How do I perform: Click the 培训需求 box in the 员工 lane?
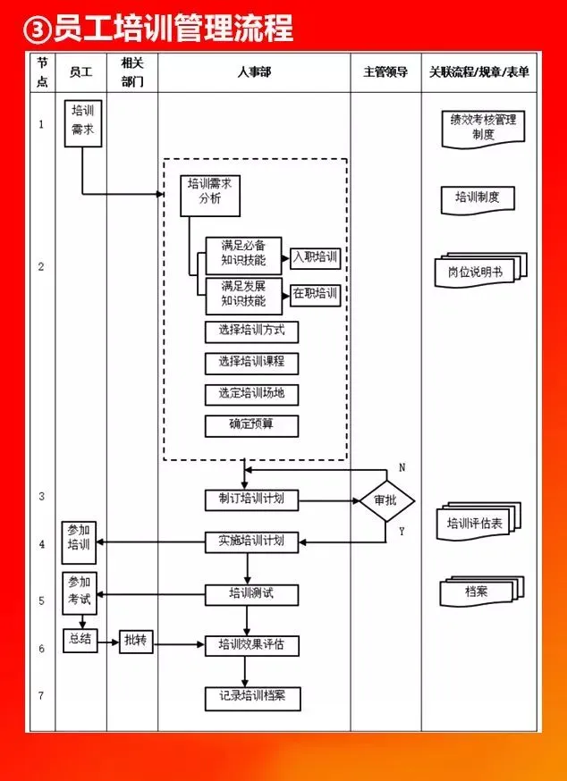[x=83, y=123]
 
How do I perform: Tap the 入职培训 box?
[x=315, y=257]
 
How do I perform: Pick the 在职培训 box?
[x=315, y=295]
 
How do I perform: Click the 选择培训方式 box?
[x=252, y=332]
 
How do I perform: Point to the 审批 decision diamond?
[x=387, y=500]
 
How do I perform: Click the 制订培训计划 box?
[x=252, y=500]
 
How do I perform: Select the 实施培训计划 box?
[x=252, y=542]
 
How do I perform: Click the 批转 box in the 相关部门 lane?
[x=136, y=642]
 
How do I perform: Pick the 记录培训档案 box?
[x=253, y=698]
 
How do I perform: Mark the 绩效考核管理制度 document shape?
[x=483, y=129]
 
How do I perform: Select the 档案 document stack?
[x=482, y=592]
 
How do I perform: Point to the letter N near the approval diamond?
[x=402, y=467]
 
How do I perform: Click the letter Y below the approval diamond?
[x=402, y=531]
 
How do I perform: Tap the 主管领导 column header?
[x=385, y=72]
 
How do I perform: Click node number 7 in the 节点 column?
[x=41, y=695]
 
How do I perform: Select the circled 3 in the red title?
[x=37, y=29]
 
